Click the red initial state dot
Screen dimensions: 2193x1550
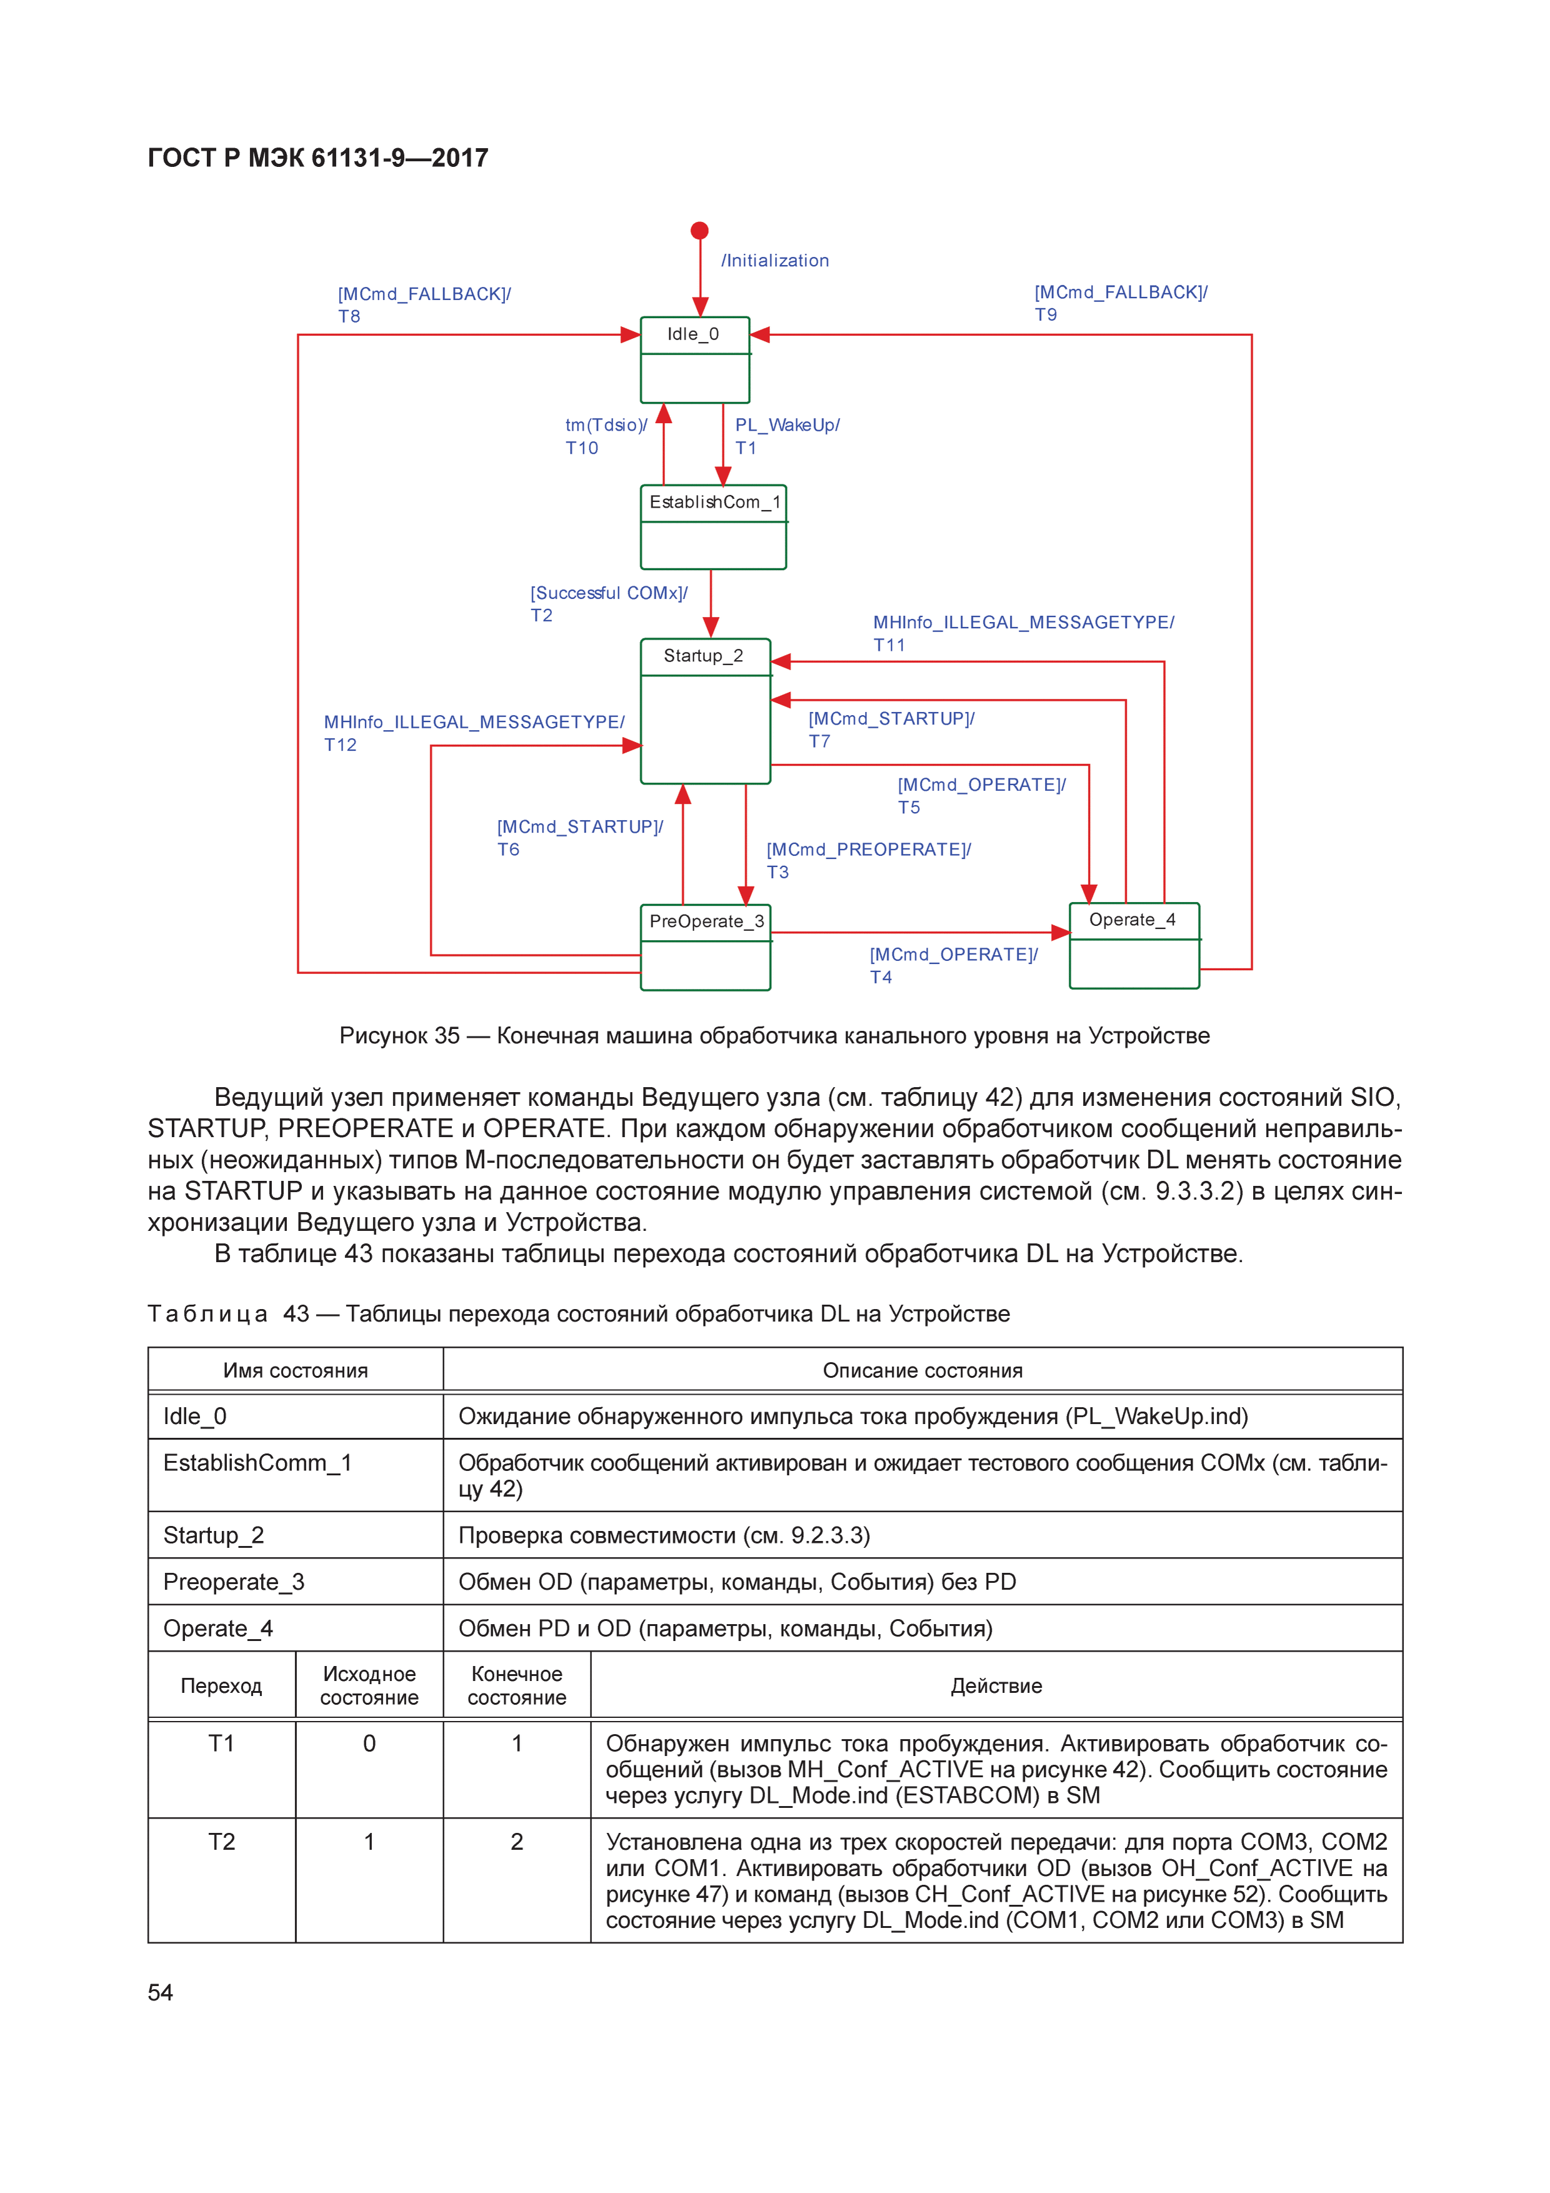699,230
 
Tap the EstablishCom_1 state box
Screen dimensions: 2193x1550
712,526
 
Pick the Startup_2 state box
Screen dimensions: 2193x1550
705,711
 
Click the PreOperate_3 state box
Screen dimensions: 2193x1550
705,946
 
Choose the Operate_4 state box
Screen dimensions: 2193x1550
1134,945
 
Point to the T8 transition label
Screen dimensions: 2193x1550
349,316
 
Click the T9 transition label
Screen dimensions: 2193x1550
1046,314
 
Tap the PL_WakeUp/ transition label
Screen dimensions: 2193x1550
787,425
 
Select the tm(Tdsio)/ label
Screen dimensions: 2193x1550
606,425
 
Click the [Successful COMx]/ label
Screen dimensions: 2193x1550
608,593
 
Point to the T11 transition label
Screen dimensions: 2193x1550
889,645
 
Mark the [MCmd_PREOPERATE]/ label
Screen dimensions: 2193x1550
868,849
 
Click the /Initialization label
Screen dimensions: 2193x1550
774,261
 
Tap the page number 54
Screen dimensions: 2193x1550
161,1992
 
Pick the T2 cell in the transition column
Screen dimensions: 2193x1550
222,1842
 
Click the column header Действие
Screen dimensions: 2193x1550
996,1686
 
